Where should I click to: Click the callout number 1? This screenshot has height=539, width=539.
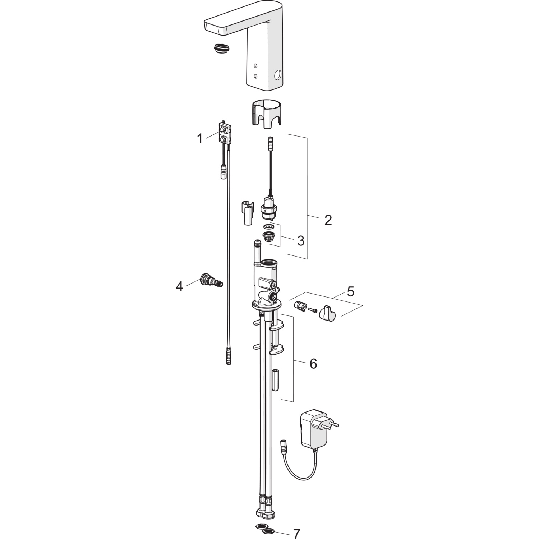coord(200,138)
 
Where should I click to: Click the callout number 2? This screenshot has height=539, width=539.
coord(328,220)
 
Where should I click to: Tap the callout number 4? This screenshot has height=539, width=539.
coord(179,286)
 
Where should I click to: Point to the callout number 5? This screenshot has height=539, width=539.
coord(350,291)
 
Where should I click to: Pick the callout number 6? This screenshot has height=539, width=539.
coord(313,364)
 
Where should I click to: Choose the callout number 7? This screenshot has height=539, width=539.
coord(296,534)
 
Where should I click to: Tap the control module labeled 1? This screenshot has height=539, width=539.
coord(225,133)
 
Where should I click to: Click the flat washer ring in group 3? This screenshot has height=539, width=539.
coord(268,227)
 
